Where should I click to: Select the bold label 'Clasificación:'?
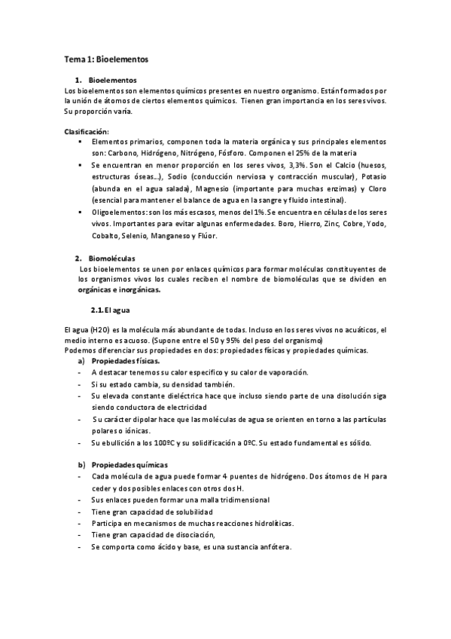click(87, 131)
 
